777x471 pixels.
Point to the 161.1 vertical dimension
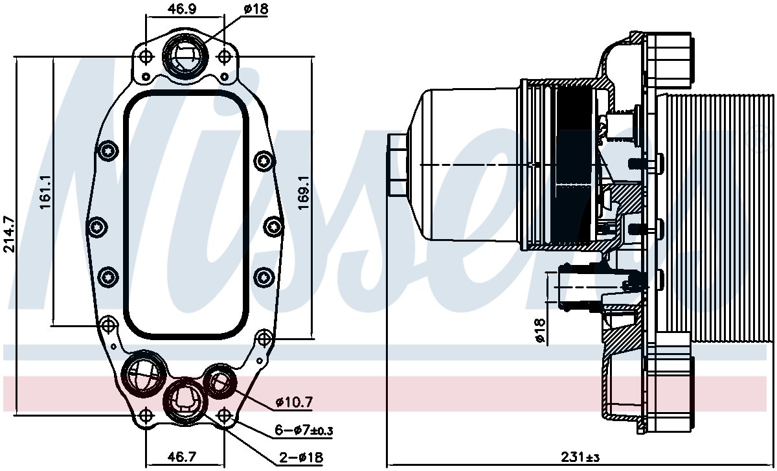click(x=46, y=192)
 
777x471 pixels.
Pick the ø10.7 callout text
click(x=293, y=402)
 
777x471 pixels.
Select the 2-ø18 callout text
click(x=301, y=457)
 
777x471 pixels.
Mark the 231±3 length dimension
click(x=580, y=457)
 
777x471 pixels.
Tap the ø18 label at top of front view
click(x=255, y=10)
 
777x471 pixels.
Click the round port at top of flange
click(x=185, y=56)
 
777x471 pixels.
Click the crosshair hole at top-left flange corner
click(x=146, y=56)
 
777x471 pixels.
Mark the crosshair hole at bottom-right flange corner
click(x=224, y=414)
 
